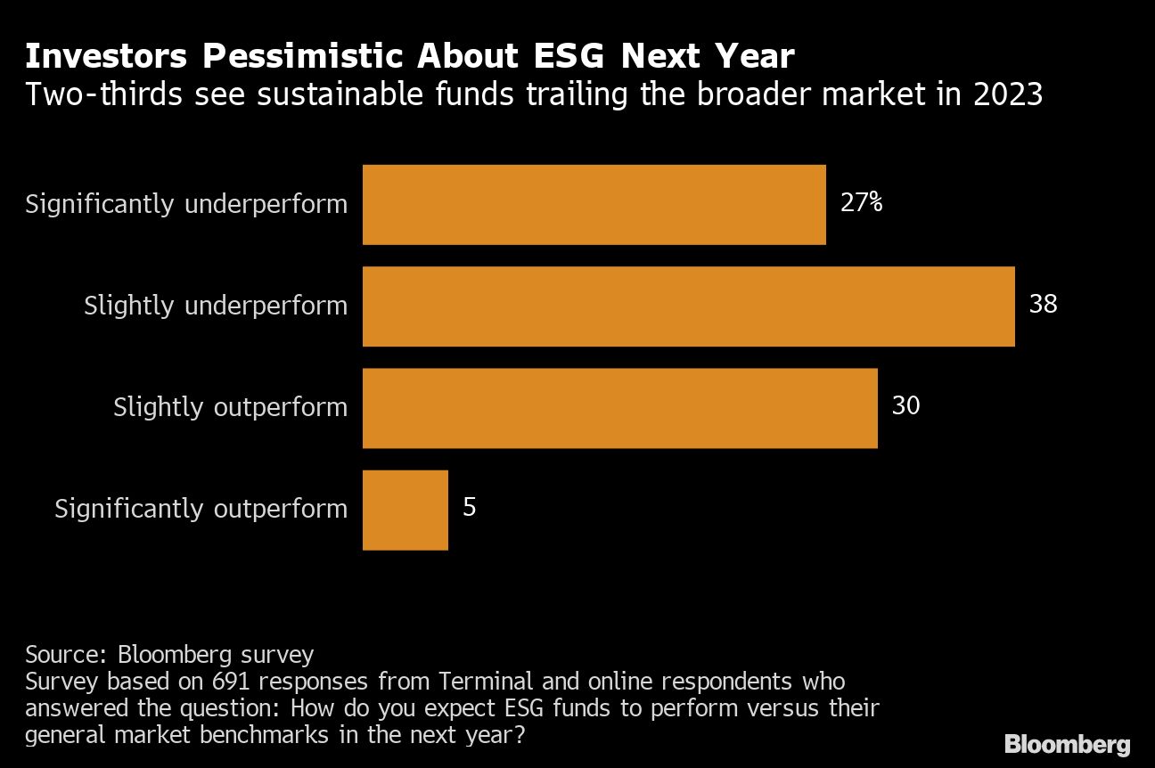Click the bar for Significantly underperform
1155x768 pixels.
(x=594, y=204)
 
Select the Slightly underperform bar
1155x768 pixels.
(x=688, y=306)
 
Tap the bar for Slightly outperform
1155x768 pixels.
(x=619, y=407)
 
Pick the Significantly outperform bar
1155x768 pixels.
(x=405, y=509)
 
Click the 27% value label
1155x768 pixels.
(x=861, y=203)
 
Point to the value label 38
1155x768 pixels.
(x=1043, y=305)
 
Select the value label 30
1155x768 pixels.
(x=905, y=406)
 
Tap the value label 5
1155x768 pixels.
(x=470, y=508)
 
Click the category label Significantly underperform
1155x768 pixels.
(x=186, y=205)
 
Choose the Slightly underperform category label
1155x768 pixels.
(x=216, y=306)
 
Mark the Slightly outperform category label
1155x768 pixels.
(x=230, y=408)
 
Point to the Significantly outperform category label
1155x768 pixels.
(x=201, y=510)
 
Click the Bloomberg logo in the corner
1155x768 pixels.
(x=1067, y=744)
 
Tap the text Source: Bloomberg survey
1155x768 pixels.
(x=169, y=655)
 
